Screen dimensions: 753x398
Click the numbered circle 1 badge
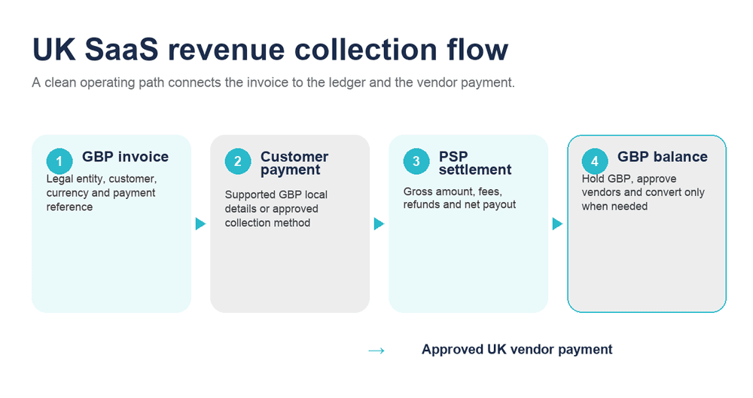59,161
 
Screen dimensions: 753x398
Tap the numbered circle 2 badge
238,161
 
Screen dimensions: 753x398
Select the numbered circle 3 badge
416,161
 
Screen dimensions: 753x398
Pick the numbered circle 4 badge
595,161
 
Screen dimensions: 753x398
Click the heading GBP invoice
125,157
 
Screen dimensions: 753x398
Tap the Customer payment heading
294,163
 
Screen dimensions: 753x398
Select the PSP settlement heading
475,163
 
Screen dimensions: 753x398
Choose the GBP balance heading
662,157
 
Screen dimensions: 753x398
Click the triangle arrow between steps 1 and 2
201,224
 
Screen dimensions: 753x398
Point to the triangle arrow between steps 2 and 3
380,224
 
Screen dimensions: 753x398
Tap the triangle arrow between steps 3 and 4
557,224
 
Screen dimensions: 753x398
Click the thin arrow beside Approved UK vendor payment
376,351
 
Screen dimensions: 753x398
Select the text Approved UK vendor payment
517,350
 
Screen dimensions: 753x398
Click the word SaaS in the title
121,49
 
